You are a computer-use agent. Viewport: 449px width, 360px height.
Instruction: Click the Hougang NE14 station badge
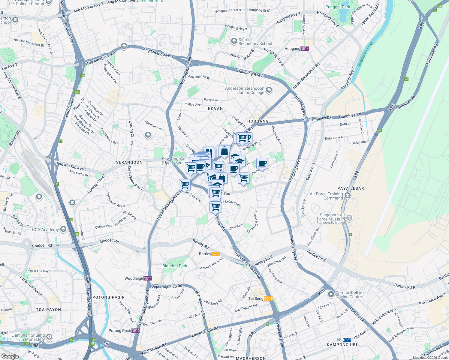coord(305,49)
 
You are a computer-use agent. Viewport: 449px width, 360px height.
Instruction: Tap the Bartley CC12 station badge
coord(215,254)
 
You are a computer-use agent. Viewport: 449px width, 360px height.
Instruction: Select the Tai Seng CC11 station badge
coord(268,298)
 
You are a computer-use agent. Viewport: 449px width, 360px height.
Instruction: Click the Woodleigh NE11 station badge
coord(147,278)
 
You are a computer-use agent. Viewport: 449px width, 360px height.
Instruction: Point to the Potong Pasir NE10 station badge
coord(136,331)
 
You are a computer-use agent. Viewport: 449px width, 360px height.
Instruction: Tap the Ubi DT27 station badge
coord(347,340)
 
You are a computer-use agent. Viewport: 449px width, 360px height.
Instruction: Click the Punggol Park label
coord(338,7)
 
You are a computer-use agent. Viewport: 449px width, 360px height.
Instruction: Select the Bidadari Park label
coord(175,266)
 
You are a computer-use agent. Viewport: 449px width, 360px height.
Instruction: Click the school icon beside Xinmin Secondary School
coord(234,41)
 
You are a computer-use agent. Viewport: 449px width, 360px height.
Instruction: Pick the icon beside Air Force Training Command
coord(348,196)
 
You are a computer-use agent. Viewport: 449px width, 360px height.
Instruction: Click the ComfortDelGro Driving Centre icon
coord(331,294)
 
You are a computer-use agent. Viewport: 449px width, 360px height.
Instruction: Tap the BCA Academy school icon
coord(63,229)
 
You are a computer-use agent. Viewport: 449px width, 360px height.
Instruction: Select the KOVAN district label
coord(215,109)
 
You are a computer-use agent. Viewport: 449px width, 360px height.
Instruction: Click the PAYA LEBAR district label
coord(351,188)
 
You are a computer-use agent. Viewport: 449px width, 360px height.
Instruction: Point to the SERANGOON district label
coord(129,162)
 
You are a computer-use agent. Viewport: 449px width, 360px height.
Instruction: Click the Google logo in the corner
coord(10,356)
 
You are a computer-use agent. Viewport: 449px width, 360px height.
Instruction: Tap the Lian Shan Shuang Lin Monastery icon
coord(49,337)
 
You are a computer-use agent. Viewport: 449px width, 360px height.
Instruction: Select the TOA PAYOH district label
coord(48,310)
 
